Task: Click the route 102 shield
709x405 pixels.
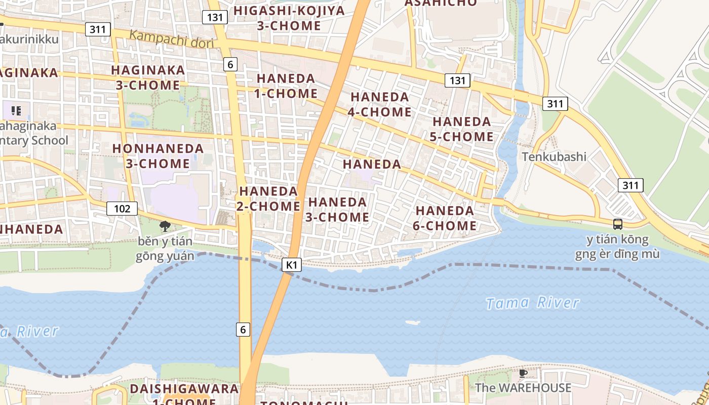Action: coord(122,208)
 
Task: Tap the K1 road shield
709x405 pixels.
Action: coord(291,264)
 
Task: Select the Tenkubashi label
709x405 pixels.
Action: coord(554,156)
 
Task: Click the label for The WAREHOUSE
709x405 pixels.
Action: coord(523,388)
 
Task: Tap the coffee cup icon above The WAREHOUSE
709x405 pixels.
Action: coord(523,374)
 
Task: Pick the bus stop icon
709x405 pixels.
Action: coord(617,224)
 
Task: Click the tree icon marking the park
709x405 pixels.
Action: coord(165,226)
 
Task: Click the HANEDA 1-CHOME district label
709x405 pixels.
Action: coord(287,86)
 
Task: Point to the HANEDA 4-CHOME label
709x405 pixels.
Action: coord(380,104)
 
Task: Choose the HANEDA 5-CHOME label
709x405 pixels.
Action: coord(461,129)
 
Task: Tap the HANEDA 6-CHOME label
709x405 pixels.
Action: coord(445,218)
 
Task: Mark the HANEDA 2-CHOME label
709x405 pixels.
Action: coord(269,198)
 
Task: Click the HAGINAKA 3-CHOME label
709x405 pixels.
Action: coord(148,77)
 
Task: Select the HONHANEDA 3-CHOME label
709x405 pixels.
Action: coord(157,156)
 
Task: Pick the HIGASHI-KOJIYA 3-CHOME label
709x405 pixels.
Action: coord(289,18)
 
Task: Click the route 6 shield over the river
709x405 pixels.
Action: coord(243,330)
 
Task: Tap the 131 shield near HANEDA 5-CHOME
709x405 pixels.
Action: coord(457,80)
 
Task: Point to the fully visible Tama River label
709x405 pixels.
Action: coord(532,303)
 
